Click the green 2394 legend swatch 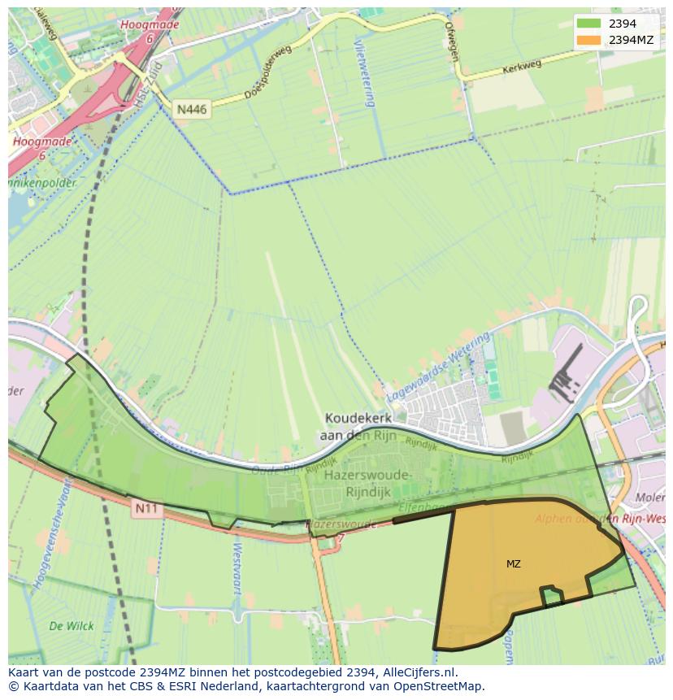(x=589, y=24)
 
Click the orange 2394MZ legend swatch (x=589, y=40)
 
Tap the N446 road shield (x=192, y=108)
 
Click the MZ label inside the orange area (x=514, y=563)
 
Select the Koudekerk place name (x=358, y=418)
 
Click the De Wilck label (x=72, y=626)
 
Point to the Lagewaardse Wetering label (x=439, y=365)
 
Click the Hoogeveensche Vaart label (x=59, y=530)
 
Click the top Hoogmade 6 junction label (x=149, y=31)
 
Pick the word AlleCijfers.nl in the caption (x=418, y=672)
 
